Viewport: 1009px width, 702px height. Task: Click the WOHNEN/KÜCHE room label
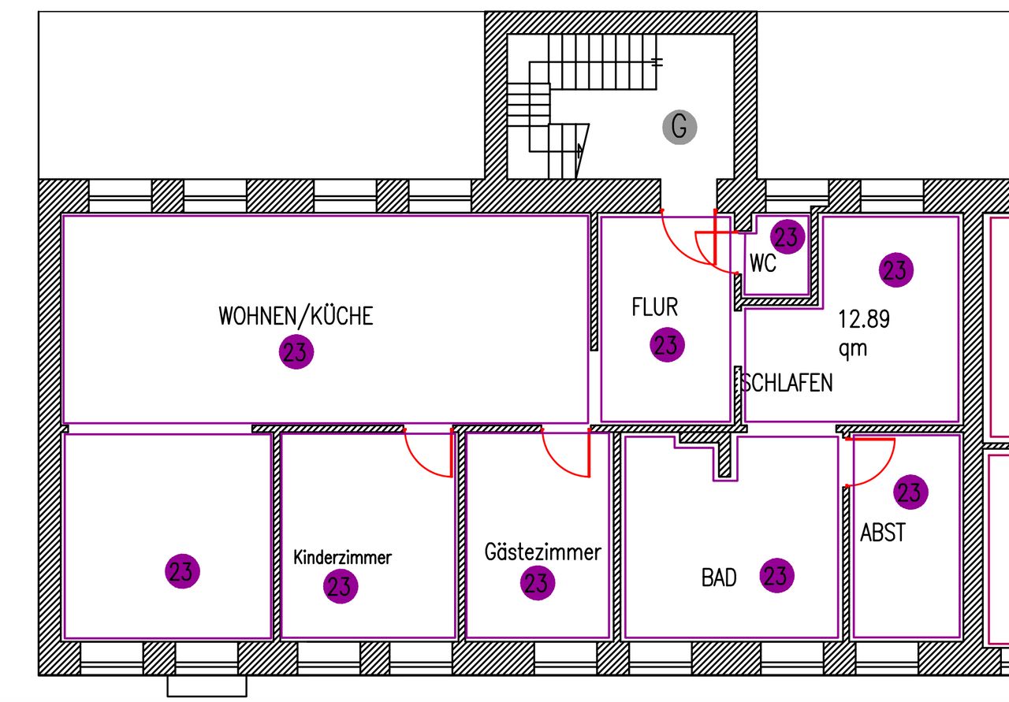296,316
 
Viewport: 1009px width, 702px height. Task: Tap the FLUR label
654,307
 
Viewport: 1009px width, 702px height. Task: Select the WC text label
763,263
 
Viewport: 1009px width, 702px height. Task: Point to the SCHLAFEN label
787,383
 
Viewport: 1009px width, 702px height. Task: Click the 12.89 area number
864,319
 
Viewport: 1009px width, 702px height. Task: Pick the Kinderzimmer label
342,558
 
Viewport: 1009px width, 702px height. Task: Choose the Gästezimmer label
543,552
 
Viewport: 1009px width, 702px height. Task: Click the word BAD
719,578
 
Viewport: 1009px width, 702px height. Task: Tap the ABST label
883,533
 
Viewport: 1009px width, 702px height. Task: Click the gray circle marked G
679,127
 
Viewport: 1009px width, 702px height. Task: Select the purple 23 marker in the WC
787,237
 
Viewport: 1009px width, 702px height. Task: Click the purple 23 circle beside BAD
777,575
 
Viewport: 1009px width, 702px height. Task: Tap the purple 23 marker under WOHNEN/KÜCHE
296,351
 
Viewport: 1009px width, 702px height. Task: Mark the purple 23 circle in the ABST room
910,492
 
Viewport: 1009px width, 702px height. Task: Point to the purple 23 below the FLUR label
667,345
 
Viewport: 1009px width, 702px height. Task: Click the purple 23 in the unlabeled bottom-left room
182,571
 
